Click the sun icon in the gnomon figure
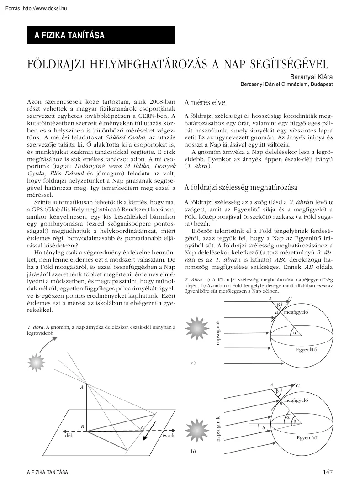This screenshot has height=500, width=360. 36,361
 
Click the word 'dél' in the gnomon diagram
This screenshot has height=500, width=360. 69,435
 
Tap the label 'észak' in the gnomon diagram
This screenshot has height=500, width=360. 169,435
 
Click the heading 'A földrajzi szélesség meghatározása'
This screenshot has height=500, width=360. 240,187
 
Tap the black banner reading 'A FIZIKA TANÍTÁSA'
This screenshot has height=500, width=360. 99,35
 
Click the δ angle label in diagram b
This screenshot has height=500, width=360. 263,427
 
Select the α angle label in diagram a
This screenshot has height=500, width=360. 295,333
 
